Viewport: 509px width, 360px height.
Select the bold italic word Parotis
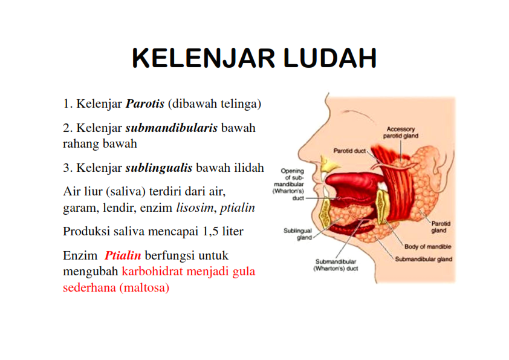[145, 103]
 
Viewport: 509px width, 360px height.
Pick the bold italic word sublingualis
[159, 168]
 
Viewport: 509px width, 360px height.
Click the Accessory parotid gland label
[401, 133]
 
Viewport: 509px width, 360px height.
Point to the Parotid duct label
[349, 149]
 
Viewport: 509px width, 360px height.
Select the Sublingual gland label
[297, 234]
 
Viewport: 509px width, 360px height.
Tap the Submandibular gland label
[423, 259]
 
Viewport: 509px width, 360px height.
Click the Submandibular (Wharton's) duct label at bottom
[336, 265]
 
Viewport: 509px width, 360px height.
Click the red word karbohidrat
[151, 272]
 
